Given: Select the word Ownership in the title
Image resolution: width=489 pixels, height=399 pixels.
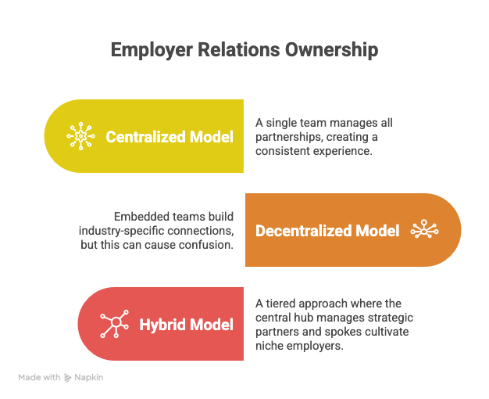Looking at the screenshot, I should [330, 50].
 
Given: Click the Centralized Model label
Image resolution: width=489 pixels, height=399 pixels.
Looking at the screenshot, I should [170, 137].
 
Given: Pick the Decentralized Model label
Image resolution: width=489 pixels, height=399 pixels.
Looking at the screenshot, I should [327, 231].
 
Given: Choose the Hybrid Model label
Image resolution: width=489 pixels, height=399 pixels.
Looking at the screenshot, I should [187, 324].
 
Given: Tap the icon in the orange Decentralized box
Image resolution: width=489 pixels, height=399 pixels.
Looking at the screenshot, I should [424, 231].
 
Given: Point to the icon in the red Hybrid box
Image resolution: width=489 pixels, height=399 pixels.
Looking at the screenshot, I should [114, 324].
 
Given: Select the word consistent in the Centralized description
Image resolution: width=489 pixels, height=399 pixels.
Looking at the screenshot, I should [286, 151].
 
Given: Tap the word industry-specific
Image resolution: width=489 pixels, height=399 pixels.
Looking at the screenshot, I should [123, 231].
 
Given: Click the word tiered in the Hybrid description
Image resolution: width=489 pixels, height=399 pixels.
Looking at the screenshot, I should [282, 303].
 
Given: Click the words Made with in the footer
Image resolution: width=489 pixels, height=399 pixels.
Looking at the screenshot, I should [39, 377].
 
